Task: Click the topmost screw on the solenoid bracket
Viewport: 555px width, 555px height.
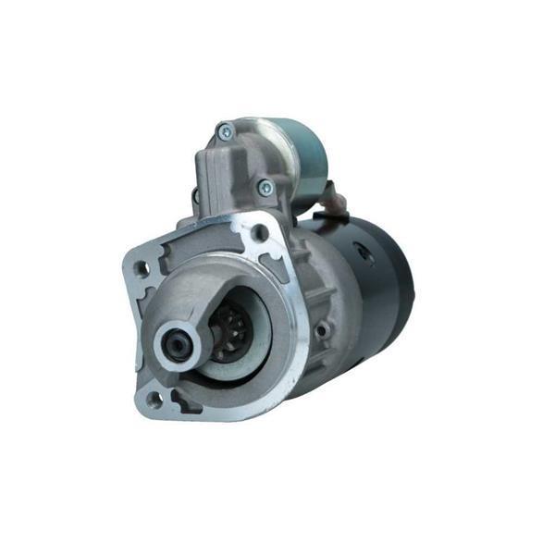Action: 224,130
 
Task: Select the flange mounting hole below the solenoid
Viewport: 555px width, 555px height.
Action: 260,232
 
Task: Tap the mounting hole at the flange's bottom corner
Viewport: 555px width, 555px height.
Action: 155,398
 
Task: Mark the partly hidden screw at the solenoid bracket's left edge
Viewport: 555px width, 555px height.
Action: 195,196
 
